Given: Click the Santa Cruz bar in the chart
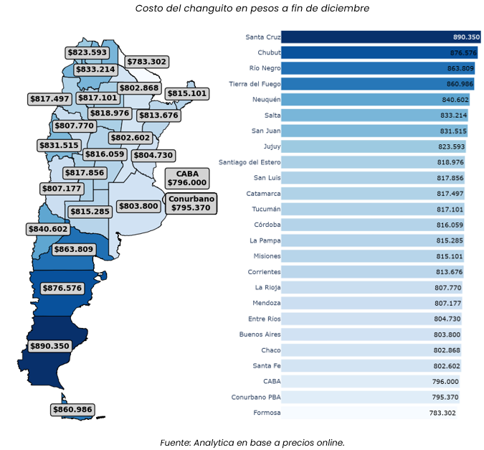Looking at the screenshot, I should pos(373,37).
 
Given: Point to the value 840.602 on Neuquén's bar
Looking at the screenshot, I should pos(455,100).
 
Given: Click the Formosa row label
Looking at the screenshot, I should pos(267,413).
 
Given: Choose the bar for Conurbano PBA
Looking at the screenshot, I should pos(370,397).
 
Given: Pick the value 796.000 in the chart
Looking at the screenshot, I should pos(445,382).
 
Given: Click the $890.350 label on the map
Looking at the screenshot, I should pos(49,346).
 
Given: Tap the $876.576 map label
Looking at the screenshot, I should pos(62,288).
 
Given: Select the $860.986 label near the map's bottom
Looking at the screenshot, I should pos(72,409).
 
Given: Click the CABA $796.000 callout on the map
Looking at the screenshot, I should pos(187,178).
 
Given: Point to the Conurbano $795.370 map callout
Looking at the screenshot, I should pos(191,203).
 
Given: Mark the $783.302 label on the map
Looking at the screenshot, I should pos(148,62).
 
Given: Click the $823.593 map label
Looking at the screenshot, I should pos(87,52).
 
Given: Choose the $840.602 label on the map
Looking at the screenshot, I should pos(48,229).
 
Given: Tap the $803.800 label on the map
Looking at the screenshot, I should pos(138,206).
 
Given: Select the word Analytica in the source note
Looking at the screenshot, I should pos(216,442).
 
